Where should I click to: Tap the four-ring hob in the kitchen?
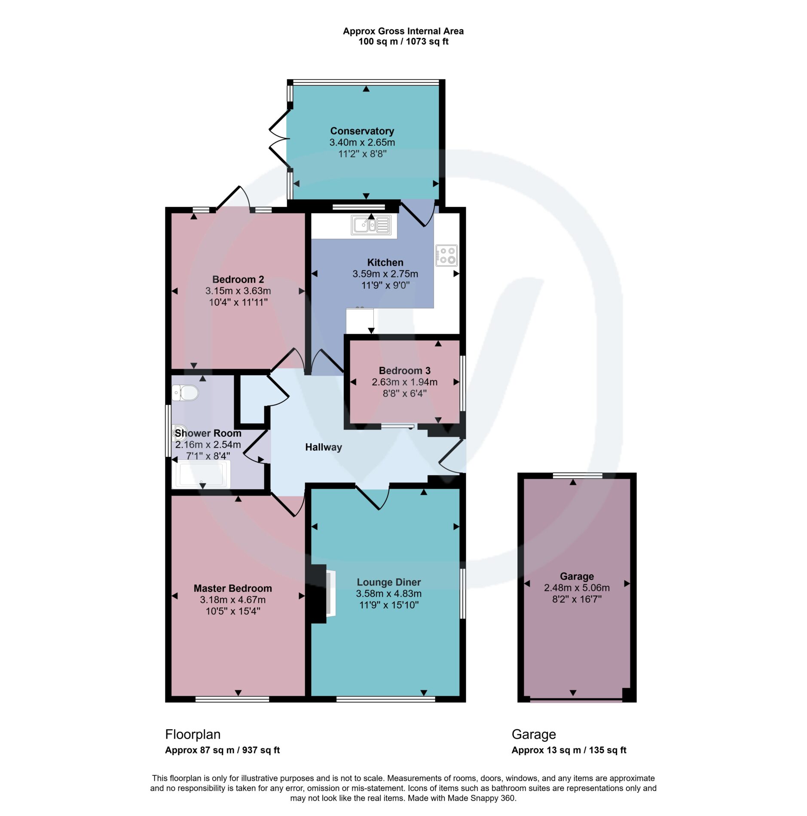[446, 255]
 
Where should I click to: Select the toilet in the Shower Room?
[185, 393]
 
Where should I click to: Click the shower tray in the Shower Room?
[201, 474]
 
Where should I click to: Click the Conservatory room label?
[362, 131]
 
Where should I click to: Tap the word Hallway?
[324, 447]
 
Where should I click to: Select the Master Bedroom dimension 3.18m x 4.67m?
[232, 600]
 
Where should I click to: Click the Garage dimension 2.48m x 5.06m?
[577, 588]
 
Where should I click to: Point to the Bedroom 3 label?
[404, 370]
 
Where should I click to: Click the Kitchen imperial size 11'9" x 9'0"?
[385, 285]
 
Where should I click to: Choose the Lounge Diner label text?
[388, 582]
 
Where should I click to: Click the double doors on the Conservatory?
[280, 138]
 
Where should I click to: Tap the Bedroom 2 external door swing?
[233, 198]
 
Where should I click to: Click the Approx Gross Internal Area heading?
[403, 31]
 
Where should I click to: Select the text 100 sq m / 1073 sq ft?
[403, 41]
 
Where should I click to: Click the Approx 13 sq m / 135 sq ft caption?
[569, 750]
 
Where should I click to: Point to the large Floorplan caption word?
[193, 734]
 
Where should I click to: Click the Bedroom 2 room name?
[238, 279]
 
